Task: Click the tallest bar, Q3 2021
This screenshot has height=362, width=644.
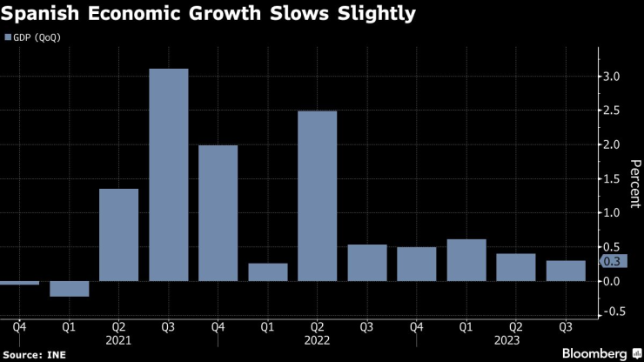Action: click(x=168, y=174)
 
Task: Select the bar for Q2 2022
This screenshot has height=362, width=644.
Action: click(x=317, y=196)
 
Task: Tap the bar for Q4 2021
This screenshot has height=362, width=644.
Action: click(x=218, y=213)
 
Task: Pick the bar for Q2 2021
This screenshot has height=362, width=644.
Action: click(x=118, y=235)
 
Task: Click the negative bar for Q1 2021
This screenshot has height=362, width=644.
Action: click(x=69, y=289)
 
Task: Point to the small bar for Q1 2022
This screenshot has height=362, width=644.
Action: click(x=267, y=272)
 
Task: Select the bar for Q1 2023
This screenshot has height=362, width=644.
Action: click(x=466, y=260)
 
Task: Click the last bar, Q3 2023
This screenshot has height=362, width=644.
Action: click(x=565, y=271)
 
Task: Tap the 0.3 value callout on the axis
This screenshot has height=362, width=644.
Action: click(x=614, y=261)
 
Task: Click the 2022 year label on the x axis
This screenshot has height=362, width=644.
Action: click(x=317, y=341)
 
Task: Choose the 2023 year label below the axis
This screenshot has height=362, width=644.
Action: click(x=515, y=341)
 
